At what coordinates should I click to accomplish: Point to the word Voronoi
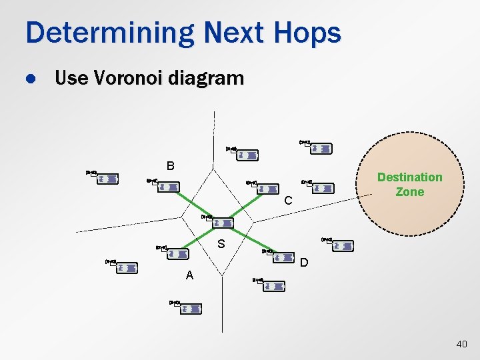click(x=128, y=79)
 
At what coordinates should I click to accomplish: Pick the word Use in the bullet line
click(x=69, y=79)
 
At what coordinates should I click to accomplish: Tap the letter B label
click(x=171, y=165)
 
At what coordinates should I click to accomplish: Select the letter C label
click(x=288, y=201)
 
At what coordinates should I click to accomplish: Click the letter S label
click(x=221, y=245)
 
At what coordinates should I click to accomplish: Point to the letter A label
click(x=189, y=275)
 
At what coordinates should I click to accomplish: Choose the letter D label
click(x=304, y=263)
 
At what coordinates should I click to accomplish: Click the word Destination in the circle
click(x=409, y=177)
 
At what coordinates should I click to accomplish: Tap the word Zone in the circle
click(x=409, y=192)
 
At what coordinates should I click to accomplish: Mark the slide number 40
click(x=461, y=344)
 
